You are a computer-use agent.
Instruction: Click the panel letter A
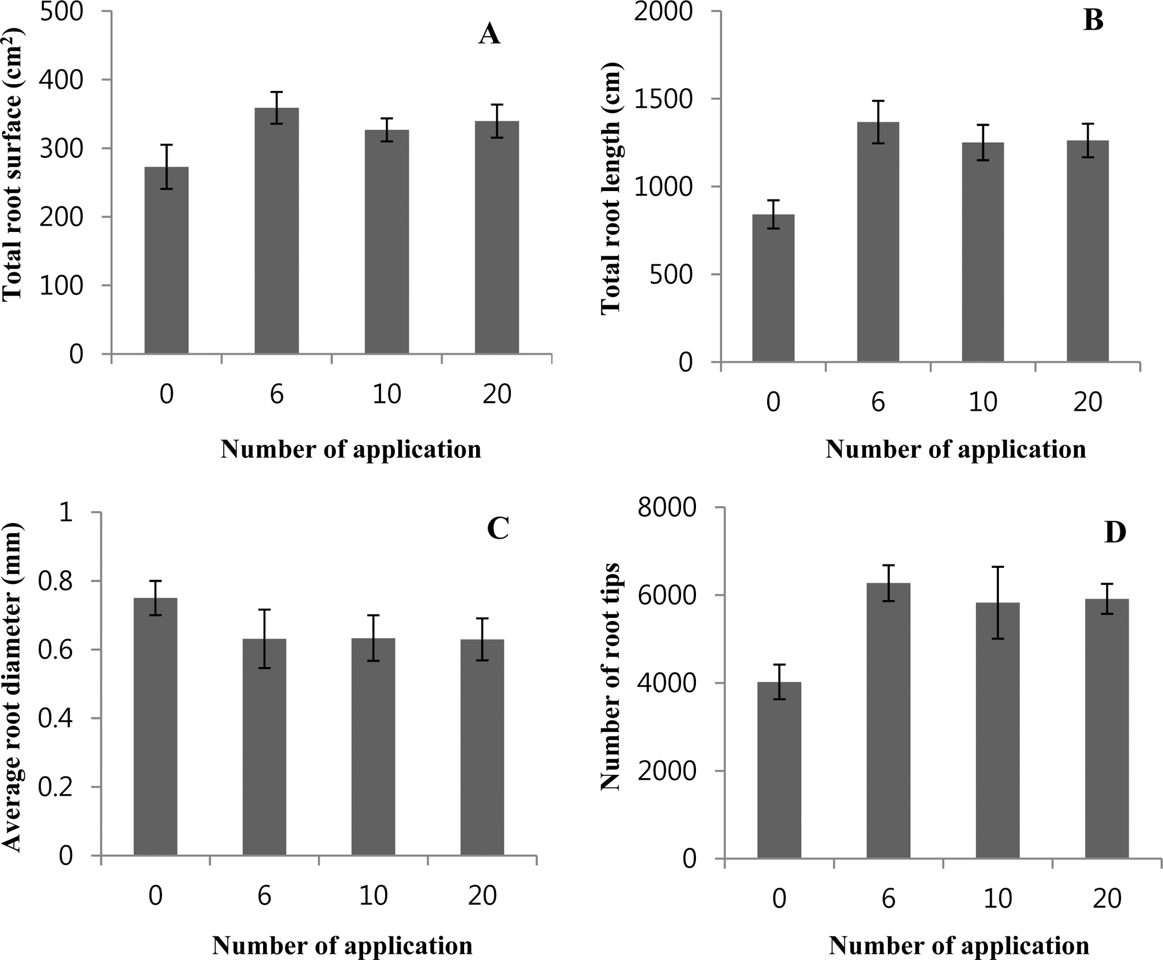click(x=489, y=35)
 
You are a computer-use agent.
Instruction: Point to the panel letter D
click(x=1115, y=533)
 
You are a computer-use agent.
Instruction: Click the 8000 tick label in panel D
click(x=667, y=508)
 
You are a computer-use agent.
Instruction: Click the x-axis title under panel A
click(x=351, y=449)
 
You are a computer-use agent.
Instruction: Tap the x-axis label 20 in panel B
click(x=1087, y=402)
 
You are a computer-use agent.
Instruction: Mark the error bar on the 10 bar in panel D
click(x=998, y=602)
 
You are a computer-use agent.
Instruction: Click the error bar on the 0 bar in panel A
click(x=166, y=167)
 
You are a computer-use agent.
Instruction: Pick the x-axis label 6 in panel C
click(x=264, y=896)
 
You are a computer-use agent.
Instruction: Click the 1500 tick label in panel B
click(x=662, y=99)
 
